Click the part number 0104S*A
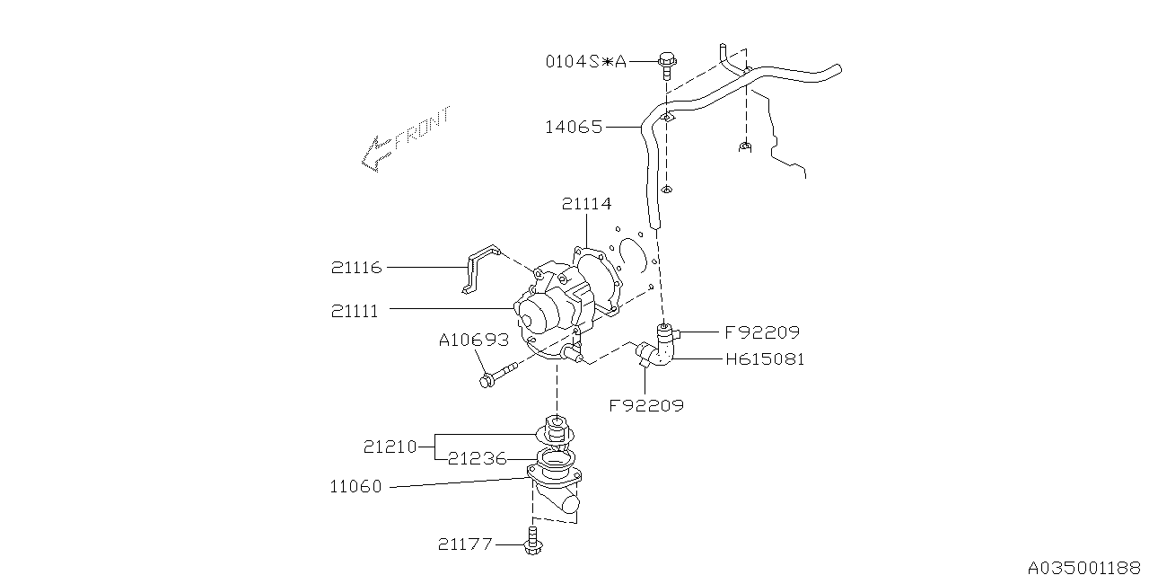[586, 62]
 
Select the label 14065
[574, 127]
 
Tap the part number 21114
[586, 204]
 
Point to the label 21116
[356, 268]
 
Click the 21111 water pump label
[355, 311]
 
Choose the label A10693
[474, 340]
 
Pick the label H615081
[765, 358]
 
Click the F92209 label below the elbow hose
[646, 405]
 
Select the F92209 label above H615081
[762, 332]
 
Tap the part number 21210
[390, 447]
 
